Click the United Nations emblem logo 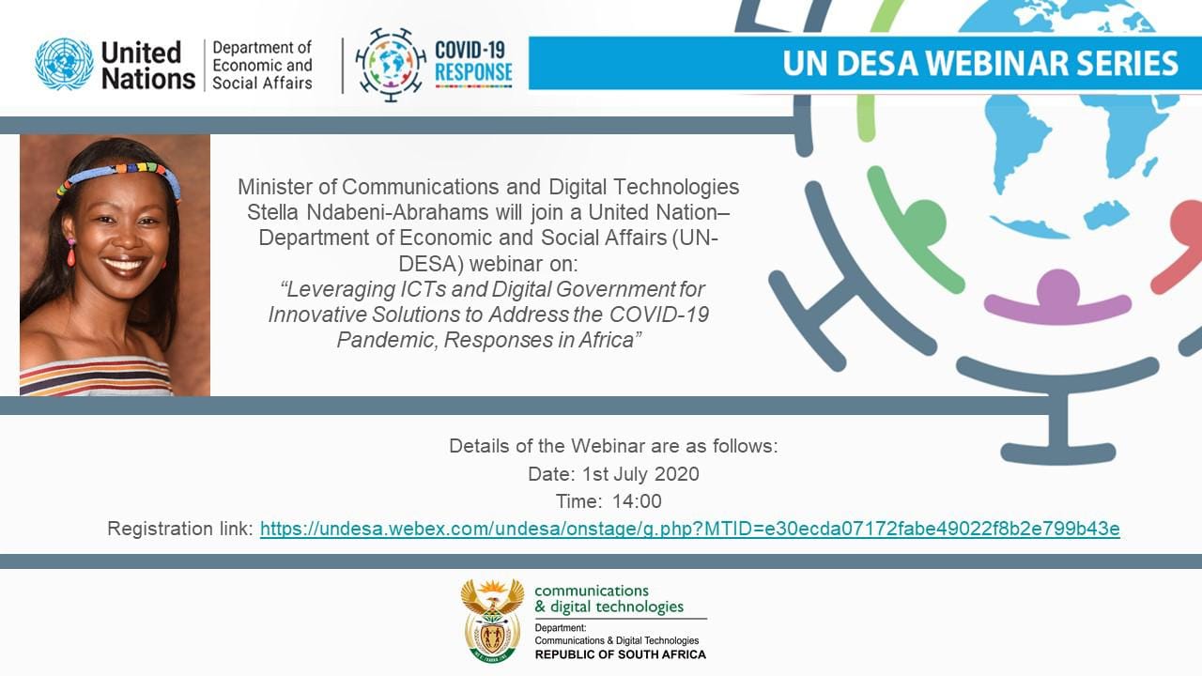64,65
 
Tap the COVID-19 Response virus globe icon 391,65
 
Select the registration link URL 689,529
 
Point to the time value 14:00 637,501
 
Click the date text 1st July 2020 640,474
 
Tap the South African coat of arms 492,621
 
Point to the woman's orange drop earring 71,253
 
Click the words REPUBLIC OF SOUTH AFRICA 620,654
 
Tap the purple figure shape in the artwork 1057,300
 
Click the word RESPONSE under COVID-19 473,72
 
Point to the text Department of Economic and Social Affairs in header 262,65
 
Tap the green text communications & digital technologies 609,598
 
